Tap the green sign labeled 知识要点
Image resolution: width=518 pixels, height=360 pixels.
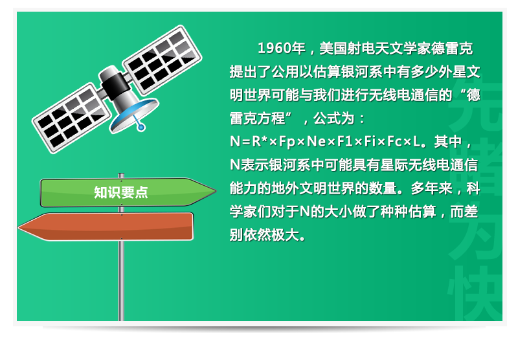tap(128, 192)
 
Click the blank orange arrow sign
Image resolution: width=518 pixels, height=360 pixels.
tap(106, 227)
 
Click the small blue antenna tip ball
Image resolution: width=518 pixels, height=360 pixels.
tap(141, 127)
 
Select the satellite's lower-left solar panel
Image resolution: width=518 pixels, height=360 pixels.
tap(72, 118)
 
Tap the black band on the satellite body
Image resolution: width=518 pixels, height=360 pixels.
tap(115, 86)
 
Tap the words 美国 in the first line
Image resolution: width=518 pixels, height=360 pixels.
tap(333, 49)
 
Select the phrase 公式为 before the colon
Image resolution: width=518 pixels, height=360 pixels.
tap(333, 118)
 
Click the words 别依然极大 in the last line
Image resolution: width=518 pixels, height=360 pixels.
tap(264, 235)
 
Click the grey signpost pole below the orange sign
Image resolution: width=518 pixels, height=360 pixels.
tap(121, 280)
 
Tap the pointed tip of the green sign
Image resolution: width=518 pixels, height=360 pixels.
tap(216, 190)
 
